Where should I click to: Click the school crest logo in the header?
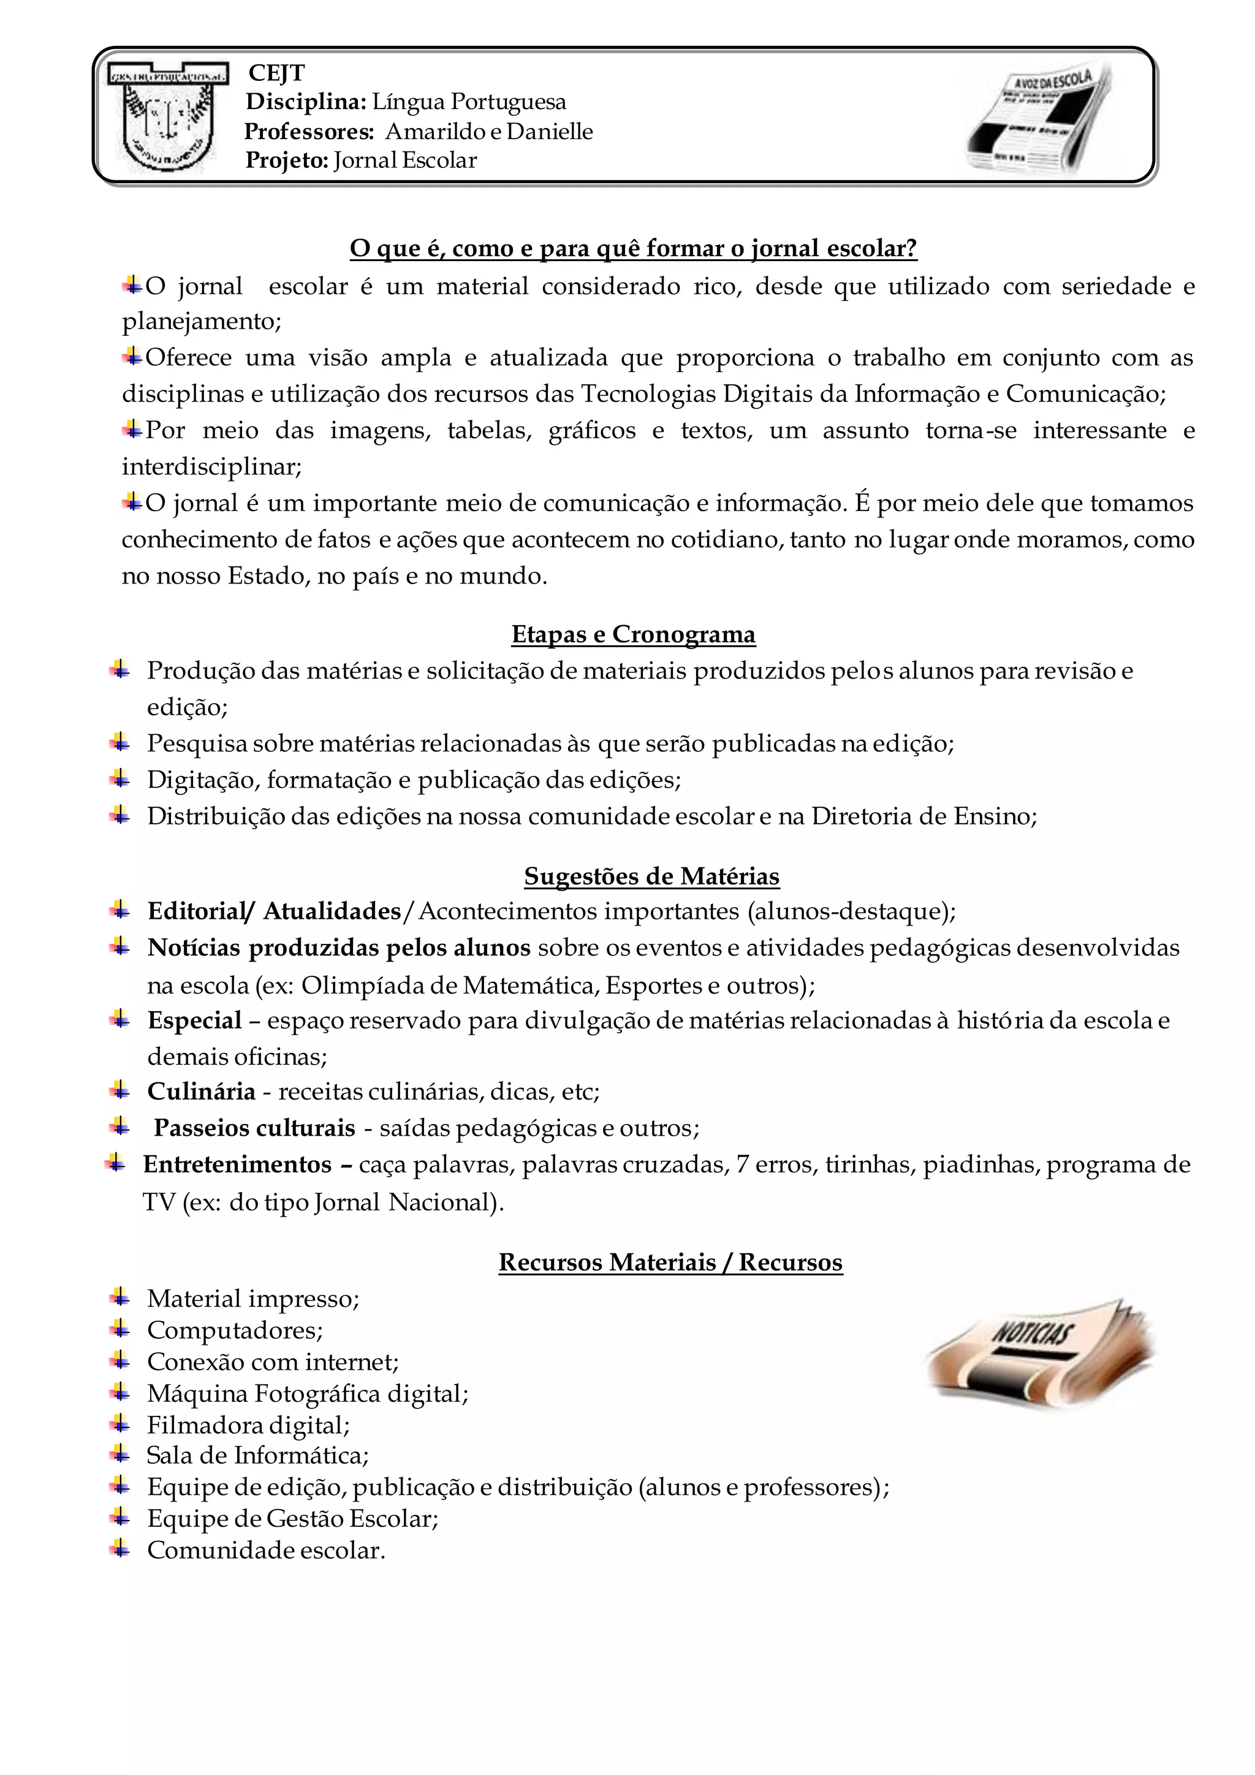(169, 116)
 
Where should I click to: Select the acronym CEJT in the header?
(276, 73)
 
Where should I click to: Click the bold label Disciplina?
(306, 101)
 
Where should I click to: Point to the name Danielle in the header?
(550, 131)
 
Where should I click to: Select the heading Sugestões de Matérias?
(651, 876)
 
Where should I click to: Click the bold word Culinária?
(201, 1091)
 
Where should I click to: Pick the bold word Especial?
(195, 1021)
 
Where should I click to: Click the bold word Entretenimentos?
(237, 1165)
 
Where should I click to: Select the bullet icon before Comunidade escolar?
(119, 1549)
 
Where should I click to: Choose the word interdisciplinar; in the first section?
(212, 467)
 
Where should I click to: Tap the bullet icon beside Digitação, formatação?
(119, 778)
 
